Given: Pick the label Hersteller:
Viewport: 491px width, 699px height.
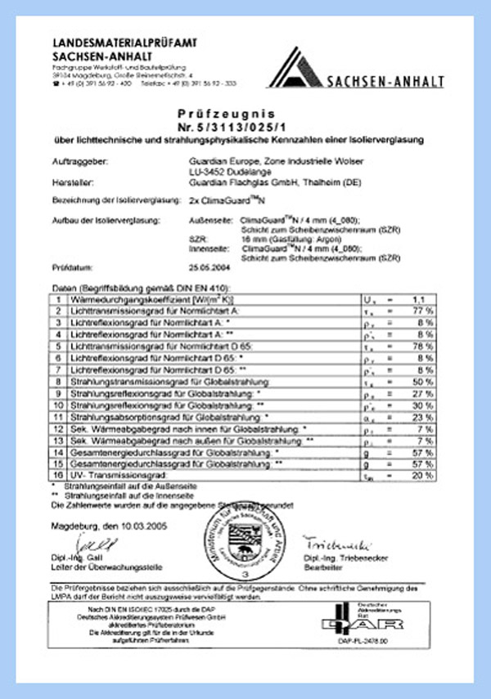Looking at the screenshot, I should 71,185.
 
